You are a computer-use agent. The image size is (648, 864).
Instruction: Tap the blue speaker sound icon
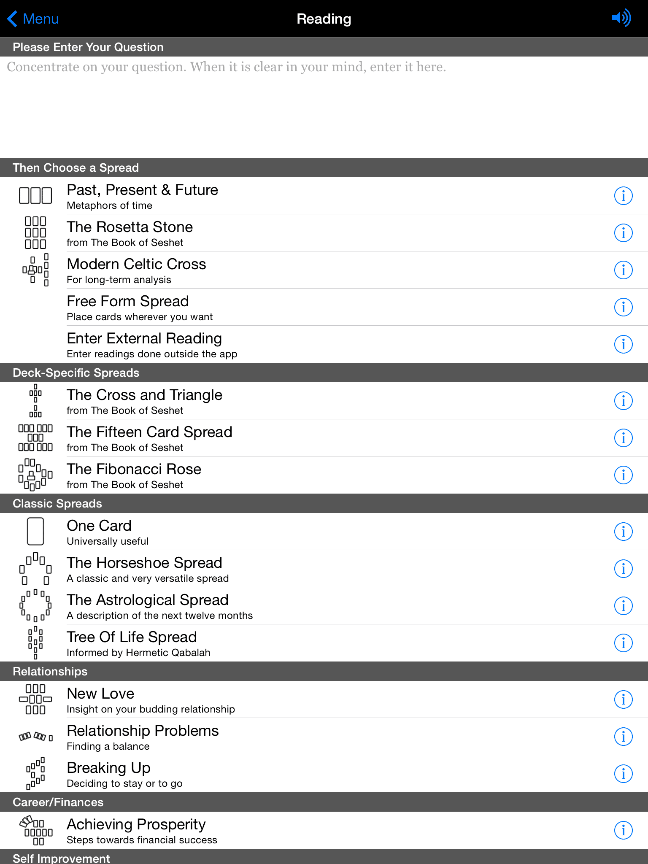[x=621, y=18]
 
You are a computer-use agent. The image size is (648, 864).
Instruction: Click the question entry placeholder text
[x=226, y=67]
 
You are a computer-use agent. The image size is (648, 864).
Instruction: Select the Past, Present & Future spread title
[x=142, y=190]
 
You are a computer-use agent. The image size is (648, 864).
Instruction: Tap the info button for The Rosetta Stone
[x=623, y=233]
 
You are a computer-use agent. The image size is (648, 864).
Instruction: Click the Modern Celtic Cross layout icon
[x=35, y=270]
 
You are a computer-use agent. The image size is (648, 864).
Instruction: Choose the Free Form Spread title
[x=127, y=302]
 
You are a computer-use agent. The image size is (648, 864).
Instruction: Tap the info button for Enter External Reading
[x=623, y=344]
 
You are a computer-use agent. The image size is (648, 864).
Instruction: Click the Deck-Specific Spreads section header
[x=76, y=373]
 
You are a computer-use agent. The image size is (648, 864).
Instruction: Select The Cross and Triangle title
[x=144, y=395]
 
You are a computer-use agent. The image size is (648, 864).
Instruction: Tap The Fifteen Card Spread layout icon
[x=35, y=438]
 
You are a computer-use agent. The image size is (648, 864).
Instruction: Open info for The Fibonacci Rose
[x=623, y=475]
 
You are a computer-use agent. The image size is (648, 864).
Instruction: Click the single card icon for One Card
[x=35, y=532]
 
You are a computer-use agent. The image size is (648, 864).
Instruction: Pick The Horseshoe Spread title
[x=144, y=563]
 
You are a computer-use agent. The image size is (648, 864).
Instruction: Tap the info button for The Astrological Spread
[x=623, y=606]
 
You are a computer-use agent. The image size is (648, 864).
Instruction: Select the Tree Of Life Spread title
[x=132, y=637]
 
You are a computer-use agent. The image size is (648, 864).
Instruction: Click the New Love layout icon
[x=35, y=699]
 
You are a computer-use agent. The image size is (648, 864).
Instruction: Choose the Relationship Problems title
[x=143, y=731]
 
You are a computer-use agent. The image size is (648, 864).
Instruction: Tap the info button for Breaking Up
[x=623, y=774]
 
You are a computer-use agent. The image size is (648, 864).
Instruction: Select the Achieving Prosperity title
[x=136, y=825]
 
